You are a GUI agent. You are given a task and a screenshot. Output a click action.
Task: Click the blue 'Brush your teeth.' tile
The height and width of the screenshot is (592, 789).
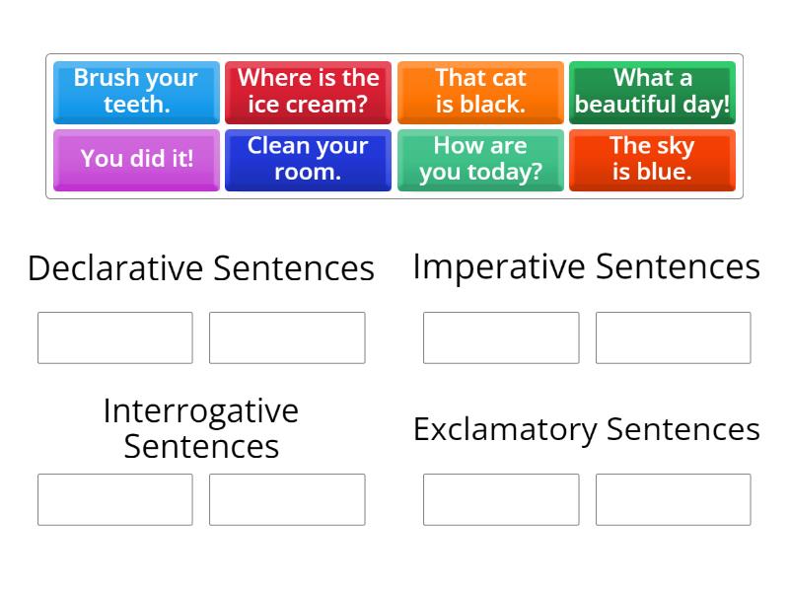click(x=136, y=92)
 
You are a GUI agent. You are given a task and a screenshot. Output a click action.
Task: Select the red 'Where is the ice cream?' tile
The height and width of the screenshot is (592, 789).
click(x=308, y=92)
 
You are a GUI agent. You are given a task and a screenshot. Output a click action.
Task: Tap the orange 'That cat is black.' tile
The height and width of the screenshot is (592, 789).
click(x=480, y=92)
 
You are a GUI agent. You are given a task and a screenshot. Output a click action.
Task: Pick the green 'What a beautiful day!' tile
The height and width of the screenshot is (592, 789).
click(x=652, y=92)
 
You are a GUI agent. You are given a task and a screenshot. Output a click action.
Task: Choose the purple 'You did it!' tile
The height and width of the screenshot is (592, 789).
click(x=136, y=159)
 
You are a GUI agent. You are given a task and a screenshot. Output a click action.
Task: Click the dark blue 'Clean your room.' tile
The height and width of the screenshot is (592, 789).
click(x=308, y=159)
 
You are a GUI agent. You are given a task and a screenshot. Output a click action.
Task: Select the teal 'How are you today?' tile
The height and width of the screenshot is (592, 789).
click(x=480, y=159)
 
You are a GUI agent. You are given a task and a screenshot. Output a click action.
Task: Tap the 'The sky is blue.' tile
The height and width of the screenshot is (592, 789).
click(x=652, y=159)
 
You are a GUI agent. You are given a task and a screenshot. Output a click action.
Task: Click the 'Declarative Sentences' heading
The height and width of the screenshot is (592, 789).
click(x=201, y=267)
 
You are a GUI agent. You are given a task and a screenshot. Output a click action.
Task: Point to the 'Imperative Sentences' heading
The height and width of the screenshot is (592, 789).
click(x=587, y=266)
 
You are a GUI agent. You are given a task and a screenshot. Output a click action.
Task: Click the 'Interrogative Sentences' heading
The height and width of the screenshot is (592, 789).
click(x=201, y=428)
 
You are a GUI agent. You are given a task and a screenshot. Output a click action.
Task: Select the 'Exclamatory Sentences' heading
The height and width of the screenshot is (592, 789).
click(x=587, y=429)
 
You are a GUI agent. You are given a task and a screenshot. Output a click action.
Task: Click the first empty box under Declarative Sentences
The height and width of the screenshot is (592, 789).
click(x=115, y=337)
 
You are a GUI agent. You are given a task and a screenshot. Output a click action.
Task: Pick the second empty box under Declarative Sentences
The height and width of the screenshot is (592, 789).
click(x=287, y=337)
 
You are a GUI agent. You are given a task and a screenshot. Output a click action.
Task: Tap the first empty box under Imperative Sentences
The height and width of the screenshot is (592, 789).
click(x=501, y=337)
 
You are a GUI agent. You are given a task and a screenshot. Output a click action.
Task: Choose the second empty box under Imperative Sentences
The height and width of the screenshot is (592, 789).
click(x=673, y=337)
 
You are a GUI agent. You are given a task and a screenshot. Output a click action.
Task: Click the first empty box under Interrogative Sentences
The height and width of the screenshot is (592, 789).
click(x=115, y=499)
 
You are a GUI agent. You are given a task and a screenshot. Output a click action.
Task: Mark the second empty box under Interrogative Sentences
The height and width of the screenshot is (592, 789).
click(x=287, y=499)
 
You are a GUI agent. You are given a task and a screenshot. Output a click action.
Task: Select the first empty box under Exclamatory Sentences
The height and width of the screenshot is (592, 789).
click(x=501, y=499)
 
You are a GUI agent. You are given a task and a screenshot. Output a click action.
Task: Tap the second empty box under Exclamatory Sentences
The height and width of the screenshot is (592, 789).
click(x=673, y=499)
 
